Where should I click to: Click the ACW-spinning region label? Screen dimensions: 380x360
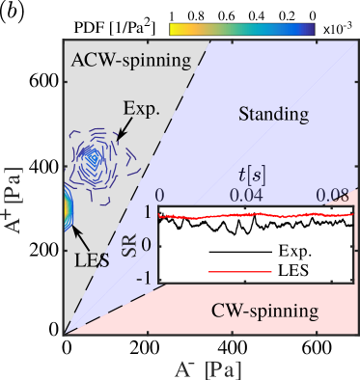pyautogui.click(x=131, y=61)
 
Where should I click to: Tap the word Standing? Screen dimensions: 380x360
pyautogui.click(x=273, y=115)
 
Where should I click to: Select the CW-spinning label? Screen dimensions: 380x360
pyautogui.click(x=264, y=311)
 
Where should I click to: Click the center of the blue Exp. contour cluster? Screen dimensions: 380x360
pyautogui.click(x=92, y=154)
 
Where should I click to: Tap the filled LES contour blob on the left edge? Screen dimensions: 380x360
pyautogui.click(x=67, y=209)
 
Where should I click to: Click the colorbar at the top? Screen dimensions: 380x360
pyautogui.click(x=241, y=29)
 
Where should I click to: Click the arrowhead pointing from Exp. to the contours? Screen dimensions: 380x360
pyautogui.click(x=118, y=142)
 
